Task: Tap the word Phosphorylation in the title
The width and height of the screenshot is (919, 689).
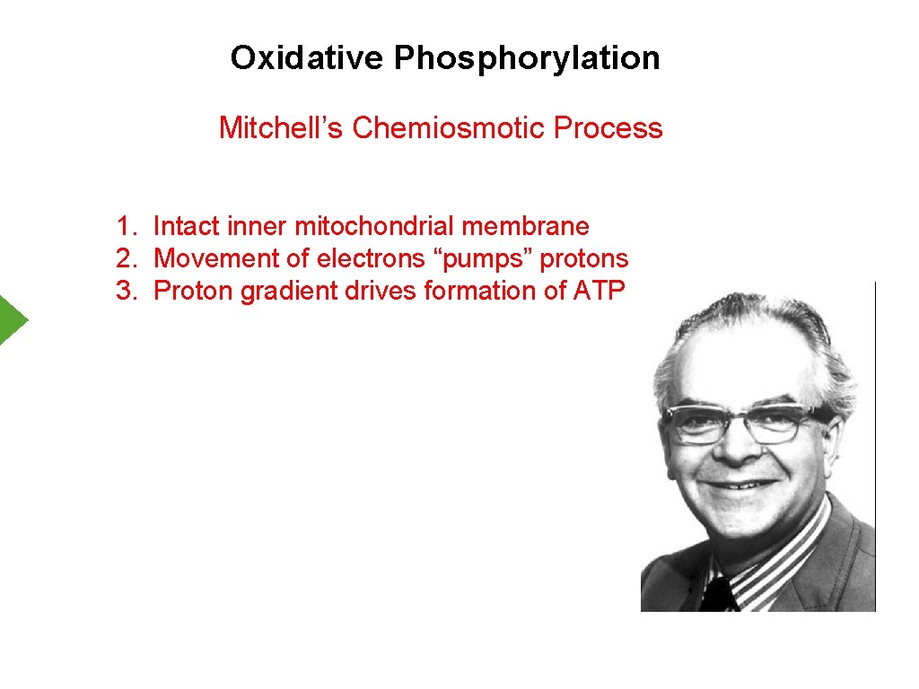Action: [527, 59]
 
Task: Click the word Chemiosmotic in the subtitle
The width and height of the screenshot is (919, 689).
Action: [449, 128]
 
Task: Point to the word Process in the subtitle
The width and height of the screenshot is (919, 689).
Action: [608, 128]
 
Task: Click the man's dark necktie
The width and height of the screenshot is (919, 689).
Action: [718, 593]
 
